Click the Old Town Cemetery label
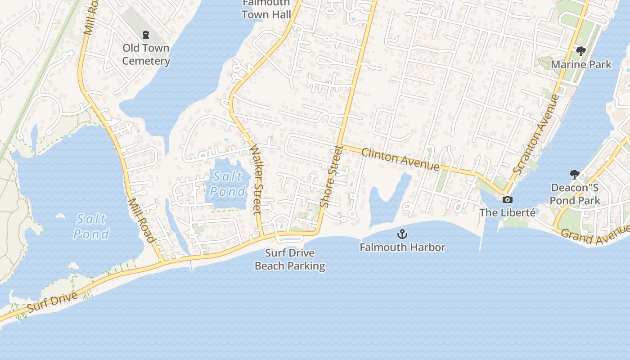[x=146, y=54]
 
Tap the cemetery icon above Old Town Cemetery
[x=145, y=34]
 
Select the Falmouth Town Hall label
[x=266, y=9]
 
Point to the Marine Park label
[x=581, y=64]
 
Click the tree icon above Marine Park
[x=580, y=51]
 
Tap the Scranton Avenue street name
[x=536, y=134]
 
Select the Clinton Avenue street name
[x=400, y=159]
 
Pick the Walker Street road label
[x=255, y=179]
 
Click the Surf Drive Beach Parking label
[x=290, y=259]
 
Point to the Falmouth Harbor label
[x=402, y=247]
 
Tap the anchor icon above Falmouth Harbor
[x=402, y=234]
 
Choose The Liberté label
[x=508, y=212]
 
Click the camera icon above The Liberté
[x=508, y=199]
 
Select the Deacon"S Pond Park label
[x=575, y=194]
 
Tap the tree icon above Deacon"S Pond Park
[x=574, y=174]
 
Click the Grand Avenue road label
[x=595, y=235]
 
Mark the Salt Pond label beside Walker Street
[x=228, y=184]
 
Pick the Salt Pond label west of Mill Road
[x=91, y=226]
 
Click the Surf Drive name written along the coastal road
[x=52, y=301]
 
